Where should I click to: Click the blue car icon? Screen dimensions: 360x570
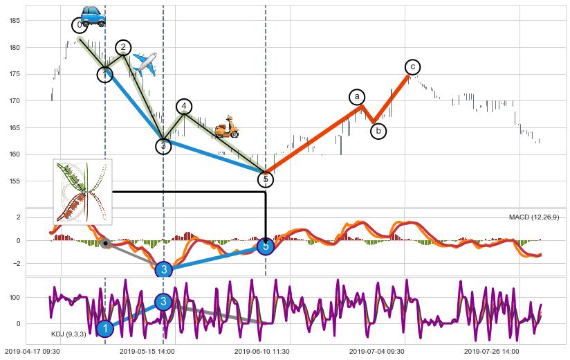pyautogui.click(x=93, y=15)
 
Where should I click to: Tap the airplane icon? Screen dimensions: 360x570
pyautogui.click(x=144, y=64)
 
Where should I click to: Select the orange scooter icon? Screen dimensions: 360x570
pyautogui.click(x=226, y=127)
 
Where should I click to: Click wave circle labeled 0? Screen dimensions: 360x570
pyautogui.click(x=80, y=26)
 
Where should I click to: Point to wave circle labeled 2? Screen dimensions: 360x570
pyautogui.click(x=123, y=48)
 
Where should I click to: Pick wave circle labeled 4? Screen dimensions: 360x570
pyautogui.click(x=183, y=106)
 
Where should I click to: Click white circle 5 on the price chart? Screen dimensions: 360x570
pyautogui.click(x=266, y=179)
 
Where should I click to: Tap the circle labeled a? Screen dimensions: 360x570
pyautogui.click(x=357, y=97)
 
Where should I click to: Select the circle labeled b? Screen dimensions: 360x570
pyautogui.click(x=378, y=131)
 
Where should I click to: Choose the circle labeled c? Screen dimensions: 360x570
pyautogui.click(x=412, y=66)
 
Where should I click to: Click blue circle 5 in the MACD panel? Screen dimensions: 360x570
pyautogui.click(x=266, y=246)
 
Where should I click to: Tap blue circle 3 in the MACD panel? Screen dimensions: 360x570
pyautogui.click(x=163, y=269)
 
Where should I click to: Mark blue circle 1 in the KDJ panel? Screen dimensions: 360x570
pyautogui.click(x=104, y=328)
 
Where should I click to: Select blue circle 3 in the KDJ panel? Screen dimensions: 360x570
pyautogui.click(x=163, y=302)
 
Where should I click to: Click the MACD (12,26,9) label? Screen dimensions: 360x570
pyautogui.click(x=534, y=217)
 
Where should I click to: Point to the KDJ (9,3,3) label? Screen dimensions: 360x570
pyautogui.click(x=68, y=334)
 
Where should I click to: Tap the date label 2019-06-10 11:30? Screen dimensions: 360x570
pyautogui.click(x=261, y=352)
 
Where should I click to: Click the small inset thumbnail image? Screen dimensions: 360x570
pyautogui.click(x=83, y=192)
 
